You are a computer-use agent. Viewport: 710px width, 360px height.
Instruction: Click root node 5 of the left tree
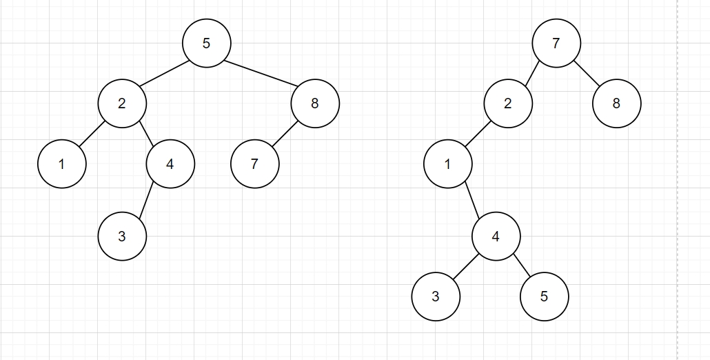click(x=206, y=43)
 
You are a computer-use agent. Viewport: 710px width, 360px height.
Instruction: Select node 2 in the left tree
click(x=122, y=103)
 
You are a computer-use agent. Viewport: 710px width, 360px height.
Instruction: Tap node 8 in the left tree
click(x=315, y=103)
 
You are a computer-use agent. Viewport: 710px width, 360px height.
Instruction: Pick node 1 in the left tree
click(x=62, y=164)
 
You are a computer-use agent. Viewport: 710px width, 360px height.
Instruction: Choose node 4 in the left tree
click(x=170, y=164)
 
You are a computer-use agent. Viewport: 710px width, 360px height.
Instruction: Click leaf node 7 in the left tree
click(x=254, y=164)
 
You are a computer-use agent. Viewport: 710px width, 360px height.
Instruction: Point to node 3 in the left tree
click(x=122, y=237)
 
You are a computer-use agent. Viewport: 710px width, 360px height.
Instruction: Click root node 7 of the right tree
click(x=556, y=43)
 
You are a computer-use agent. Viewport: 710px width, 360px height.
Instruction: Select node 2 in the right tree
click(x=508, y=103)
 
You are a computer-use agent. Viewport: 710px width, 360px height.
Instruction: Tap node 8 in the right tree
click(x=616, y=103)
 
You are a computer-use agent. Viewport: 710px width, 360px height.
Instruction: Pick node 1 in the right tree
click(x=447, y=164)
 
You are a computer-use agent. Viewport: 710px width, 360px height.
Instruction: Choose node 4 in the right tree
click(x=496, y=237)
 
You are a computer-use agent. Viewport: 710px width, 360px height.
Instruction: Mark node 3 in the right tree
click(x=436, y=297)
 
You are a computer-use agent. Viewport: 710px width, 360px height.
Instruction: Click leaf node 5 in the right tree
click(x=544, y=297)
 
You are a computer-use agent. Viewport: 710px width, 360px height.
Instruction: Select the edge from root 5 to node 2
click(x=164, y=74)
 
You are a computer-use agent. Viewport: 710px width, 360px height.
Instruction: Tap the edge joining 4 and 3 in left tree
click(x=146, y=201)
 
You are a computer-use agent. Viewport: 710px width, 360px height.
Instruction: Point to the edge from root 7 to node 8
click(x=586, y=74)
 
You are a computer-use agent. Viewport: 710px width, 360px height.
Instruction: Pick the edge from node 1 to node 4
click(x=471, y=200)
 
